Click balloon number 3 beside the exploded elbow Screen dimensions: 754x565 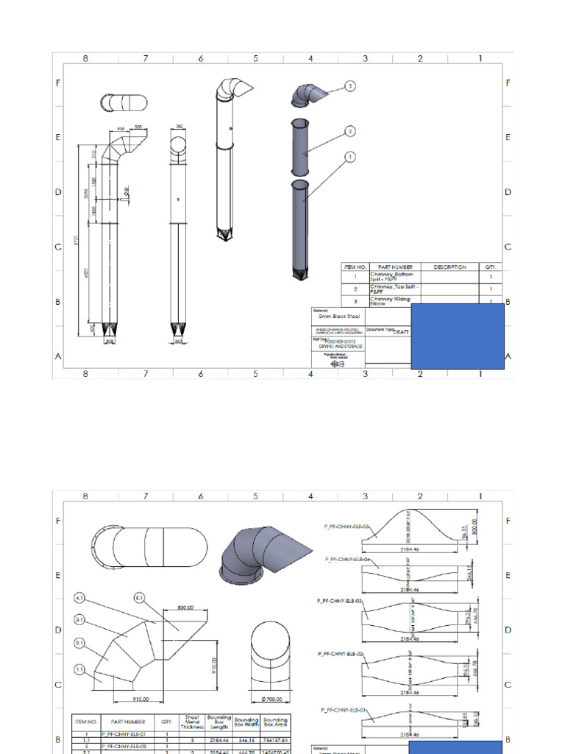[350, 86]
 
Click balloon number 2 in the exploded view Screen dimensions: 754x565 [350, 131]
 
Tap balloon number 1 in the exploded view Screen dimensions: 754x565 [350, 156]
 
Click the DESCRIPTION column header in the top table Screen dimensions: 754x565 [450, 267]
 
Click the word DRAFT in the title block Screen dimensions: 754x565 [401, 332]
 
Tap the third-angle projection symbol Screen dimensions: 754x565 [337, 364]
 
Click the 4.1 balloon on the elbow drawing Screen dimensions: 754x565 [80, 598]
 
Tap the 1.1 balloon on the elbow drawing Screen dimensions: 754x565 [80, 669]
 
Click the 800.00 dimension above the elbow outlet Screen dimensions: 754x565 [185, 608]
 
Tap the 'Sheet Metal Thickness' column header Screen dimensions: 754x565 [192, 722]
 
